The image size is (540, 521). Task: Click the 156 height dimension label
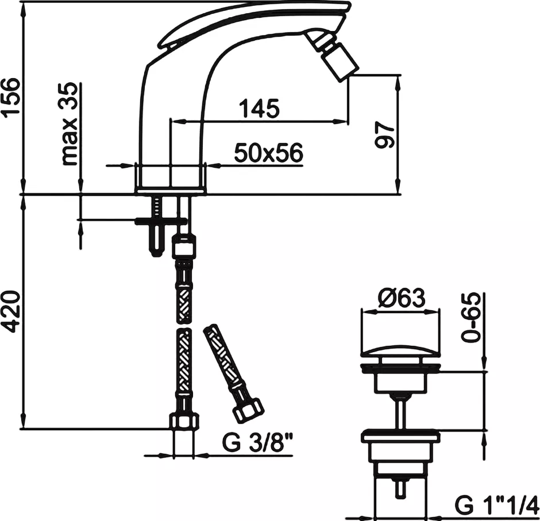click(x=11, y=98)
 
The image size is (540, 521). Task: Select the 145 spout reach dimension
click(x=259, y=108)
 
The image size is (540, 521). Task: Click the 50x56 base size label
click(x=269, y=153)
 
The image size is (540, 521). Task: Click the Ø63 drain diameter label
click(x=402, y=298)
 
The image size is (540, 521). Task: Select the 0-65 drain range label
click(x=471, y=317)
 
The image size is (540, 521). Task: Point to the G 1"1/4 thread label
click(x=496, y=505)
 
